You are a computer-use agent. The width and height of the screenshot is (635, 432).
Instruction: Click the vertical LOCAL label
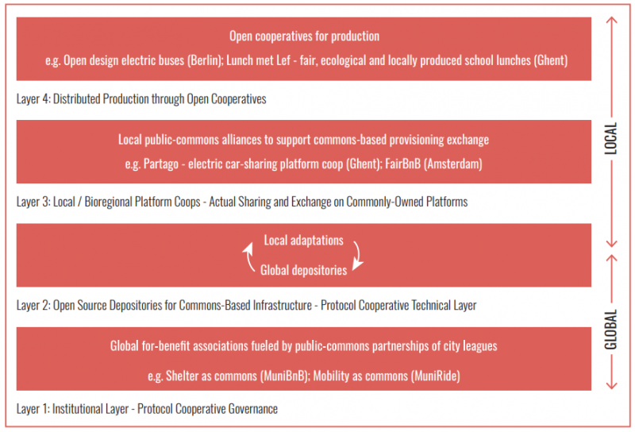610,139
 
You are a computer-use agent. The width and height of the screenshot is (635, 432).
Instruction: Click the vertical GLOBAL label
610,330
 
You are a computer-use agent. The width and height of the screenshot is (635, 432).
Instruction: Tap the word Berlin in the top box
205,60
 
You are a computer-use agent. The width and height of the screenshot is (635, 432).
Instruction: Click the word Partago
161,164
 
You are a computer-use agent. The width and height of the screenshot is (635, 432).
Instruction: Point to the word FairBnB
402,164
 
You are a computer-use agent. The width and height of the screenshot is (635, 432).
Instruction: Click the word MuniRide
435,376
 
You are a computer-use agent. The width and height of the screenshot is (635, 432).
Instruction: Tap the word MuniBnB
285,376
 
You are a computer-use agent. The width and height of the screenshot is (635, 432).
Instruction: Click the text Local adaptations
304,241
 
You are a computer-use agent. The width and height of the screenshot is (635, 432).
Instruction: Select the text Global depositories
304,270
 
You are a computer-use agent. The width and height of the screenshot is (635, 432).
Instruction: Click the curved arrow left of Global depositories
248,257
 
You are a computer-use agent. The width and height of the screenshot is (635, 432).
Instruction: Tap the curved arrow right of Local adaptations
359,256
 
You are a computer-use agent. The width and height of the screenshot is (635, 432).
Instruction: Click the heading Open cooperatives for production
305,36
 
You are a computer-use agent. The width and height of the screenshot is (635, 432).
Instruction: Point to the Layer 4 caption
141,99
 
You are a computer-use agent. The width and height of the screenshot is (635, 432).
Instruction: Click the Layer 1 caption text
147,409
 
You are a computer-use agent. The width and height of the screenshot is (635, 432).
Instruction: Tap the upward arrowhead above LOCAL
611,21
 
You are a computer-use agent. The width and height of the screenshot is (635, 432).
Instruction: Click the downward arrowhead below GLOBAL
611,385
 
